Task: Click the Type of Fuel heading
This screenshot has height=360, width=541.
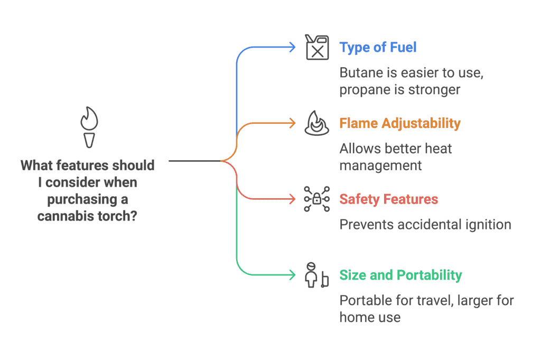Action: (378, 47)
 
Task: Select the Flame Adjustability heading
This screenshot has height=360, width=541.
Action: (400, 123)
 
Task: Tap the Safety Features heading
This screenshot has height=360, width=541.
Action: (388, 199)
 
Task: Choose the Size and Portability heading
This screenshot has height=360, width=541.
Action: (400, 275)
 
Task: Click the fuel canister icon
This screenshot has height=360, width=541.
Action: (316, 47)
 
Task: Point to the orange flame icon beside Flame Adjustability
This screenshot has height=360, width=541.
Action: (316, 124)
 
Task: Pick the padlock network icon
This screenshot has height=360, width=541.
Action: (316, 199)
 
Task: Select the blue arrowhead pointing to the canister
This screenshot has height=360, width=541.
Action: (292, 47)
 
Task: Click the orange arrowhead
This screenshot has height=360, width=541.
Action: (292, 123)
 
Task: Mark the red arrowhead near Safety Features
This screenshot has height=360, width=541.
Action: (292, 199)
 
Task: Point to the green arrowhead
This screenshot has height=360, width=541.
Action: (292, 275)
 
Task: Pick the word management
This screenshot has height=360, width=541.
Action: (380, 165)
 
